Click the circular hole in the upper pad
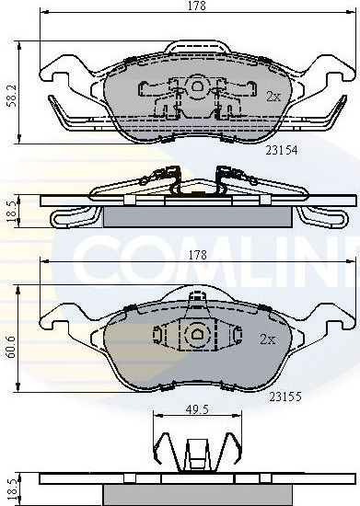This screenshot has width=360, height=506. (x=196, y=86)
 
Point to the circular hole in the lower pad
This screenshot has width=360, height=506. (x=196, y=336)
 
